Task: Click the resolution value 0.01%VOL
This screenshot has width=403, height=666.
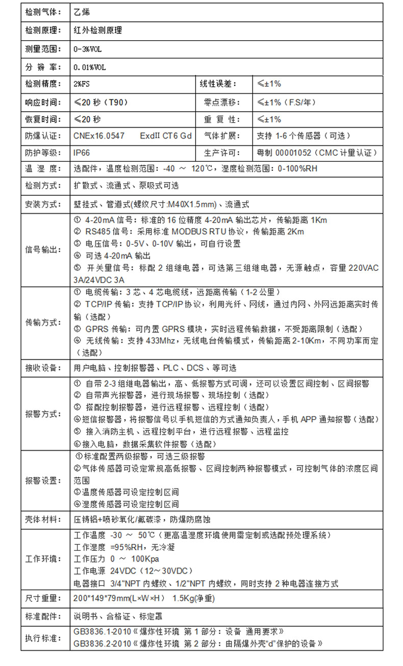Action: click(x=90, y=67)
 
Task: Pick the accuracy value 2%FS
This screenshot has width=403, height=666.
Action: click(x=82, y=84)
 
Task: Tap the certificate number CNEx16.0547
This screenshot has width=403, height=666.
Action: click(x=99, y=136)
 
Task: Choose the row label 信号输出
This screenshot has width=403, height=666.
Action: click(x=43, y=250)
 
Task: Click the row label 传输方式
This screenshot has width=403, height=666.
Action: click(x=43, y=322)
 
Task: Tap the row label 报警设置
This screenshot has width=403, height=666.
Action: click(x=43, y=480)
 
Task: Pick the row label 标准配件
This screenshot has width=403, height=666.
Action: click(x=43, y=616)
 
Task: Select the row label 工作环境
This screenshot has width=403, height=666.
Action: click(x=43, y=559)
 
